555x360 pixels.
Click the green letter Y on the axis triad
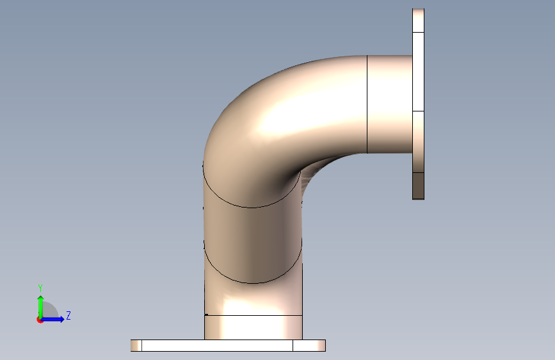[x=40, y=288]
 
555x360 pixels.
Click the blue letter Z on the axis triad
[x=68, y=315]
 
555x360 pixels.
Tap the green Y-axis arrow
[x=41, y=307]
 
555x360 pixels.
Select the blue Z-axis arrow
[x=52, y=319]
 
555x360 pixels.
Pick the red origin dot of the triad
[x=40, y=320]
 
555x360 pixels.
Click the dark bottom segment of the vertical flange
[x=419, y=186]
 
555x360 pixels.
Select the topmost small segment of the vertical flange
[x=419, y=20]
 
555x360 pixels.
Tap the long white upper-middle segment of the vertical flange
[x=419, y=72]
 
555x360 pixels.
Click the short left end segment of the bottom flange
[x=136, y=345]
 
